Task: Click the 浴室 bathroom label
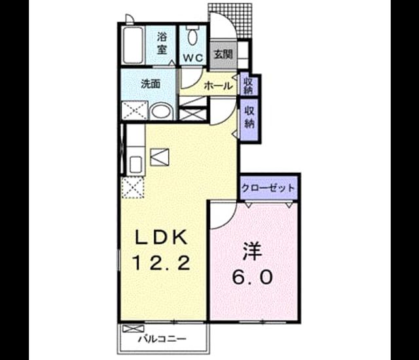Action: click(x=162, y=43)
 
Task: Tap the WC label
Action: click(x=193, y=58)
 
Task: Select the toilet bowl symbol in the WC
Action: click(x=192, y=35)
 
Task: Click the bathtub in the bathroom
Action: click(x=133, y=45)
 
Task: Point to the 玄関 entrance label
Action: click(x=223, y=54)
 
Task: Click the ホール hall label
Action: click(x=218, y=86)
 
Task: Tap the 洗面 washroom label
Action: click(x=151, y=84)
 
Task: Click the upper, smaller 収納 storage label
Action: click(x=249, y=86)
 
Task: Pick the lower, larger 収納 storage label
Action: click(x=249, y=117)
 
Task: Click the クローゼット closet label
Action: click(x=268, y=188)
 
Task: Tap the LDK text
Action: click(x=161, y=238)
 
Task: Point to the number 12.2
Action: click(x=161, y=262)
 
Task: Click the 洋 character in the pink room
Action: click(x=252, y=252)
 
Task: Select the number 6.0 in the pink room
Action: click(x=252, y=277)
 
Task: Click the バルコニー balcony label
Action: click(x=162, y=340)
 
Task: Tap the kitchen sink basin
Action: click(x=136, y=166)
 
